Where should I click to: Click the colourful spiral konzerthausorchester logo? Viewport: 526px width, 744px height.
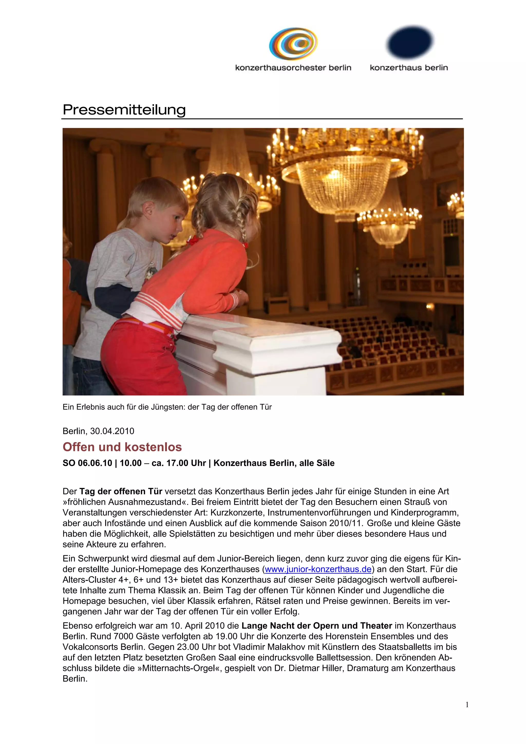pos(293,44)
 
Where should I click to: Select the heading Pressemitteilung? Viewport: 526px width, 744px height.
pos(124,110)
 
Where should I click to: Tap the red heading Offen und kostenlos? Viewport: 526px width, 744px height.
pos(122,447)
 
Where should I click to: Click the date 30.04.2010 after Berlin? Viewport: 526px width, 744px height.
pos(112,431)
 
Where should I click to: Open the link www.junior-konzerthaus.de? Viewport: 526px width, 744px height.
pos(318,569)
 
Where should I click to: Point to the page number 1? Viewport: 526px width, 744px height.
pos(467,704)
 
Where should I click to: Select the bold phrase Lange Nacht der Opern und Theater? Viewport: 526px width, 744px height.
pos(317,626)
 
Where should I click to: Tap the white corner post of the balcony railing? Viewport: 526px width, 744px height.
pos(277,360)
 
